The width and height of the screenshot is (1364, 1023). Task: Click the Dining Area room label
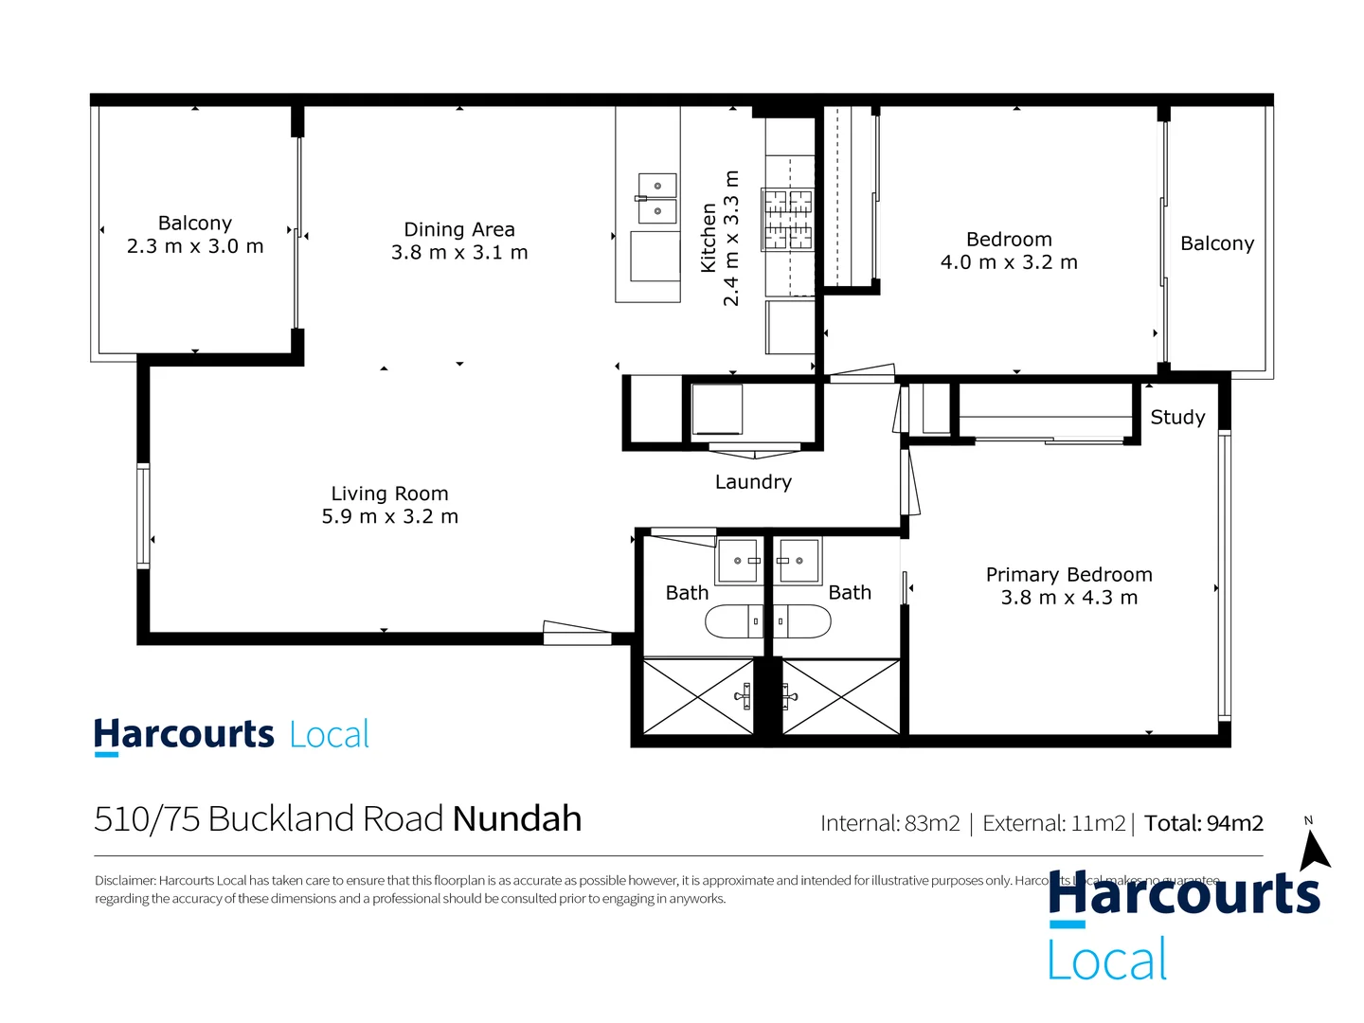tap(459, 230)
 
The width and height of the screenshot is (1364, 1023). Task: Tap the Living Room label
tap(389, 494)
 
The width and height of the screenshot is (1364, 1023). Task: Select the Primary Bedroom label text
tap(1068, 575)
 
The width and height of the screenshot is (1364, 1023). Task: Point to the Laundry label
tap(753, 482)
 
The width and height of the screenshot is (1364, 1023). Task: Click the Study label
tap(1177, 418)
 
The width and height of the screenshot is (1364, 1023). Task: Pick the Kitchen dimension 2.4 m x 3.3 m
tap(731, 239)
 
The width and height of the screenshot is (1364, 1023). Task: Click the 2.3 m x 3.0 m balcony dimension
tap(195, 246)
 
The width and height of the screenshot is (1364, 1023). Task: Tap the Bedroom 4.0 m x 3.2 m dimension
tap(1009, 262)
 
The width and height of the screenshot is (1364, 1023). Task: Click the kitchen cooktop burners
tap(788, 219)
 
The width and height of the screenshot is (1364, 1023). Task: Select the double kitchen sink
tap(656, 198)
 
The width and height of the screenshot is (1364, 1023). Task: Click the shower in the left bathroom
tap(698, 697)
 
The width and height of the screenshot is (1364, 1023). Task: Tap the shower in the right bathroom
tap(840, 697)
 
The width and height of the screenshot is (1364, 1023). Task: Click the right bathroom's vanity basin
tap(798, 561)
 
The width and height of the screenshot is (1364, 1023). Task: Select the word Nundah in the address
tap(517, 819)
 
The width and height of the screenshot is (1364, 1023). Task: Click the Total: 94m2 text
tap(1203, 823)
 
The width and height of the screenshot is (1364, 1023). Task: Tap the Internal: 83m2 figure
tap(889, 823)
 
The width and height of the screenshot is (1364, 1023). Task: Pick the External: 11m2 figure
tap(1053, 823)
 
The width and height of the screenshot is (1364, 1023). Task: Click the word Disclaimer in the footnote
tap(124, 881)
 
